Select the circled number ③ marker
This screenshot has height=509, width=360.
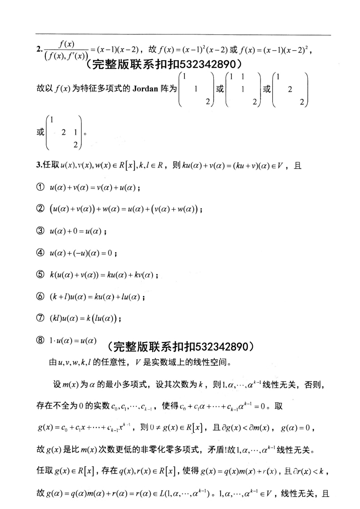point(39,231)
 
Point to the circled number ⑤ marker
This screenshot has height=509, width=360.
point(39,275)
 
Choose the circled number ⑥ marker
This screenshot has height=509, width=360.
point(39,297)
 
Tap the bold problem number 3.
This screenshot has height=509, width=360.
point(38,166)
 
